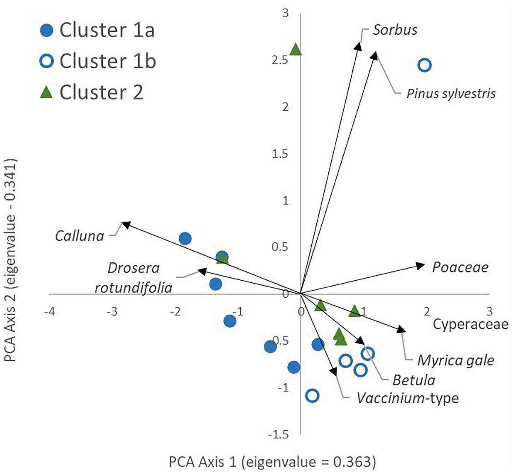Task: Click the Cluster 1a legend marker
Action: [x=47, y=30]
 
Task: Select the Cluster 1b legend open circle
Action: [x=47, y=61]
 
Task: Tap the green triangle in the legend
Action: [x=47, y=92]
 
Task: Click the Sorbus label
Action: [x=395, y=30]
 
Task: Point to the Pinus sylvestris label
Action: [x=451, y=94]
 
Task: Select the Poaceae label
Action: [x=460, y=267]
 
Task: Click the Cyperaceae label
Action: [x=471, y=324]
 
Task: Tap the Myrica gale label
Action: [x=456, y=361]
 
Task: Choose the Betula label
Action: [x=414, y=380]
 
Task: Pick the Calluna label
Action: [x=80, y=236]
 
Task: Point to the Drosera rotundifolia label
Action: [x=134, y=278]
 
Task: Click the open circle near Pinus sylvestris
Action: [x=425, y=65]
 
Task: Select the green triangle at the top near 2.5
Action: [x=296, y=50]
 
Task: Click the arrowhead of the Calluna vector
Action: [x=125, y=224]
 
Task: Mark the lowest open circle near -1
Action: [x=312, y=395]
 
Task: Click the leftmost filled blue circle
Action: [x=185, y=238]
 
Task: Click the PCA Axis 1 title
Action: [x=272, y=462]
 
